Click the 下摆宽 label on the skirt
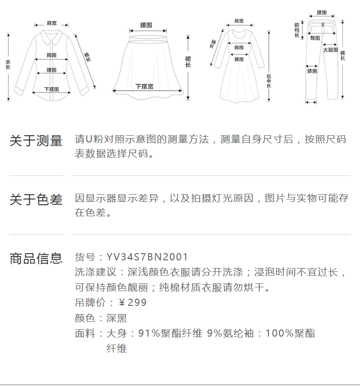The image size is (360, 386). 144,86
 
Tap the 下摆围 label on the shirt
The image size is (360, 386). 51,89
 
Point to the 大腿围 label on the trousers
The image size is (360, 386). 330,49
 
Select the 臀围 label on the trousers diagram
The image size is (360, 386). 315,38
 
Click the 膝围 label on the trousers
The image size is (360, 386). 312,71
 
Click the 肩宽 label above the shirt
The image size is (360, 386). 51,23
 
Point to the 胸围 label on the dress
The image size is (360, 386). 239,47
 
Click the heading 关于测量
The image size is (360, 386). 36,141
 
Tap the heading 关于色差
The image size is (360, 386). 36,199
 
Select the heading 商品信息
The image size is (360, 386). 36,258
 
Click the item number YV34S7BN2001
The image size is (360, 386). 147,257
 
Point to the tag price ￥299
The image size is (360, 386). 132,303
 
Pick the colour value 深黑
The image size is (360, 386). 117,318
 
